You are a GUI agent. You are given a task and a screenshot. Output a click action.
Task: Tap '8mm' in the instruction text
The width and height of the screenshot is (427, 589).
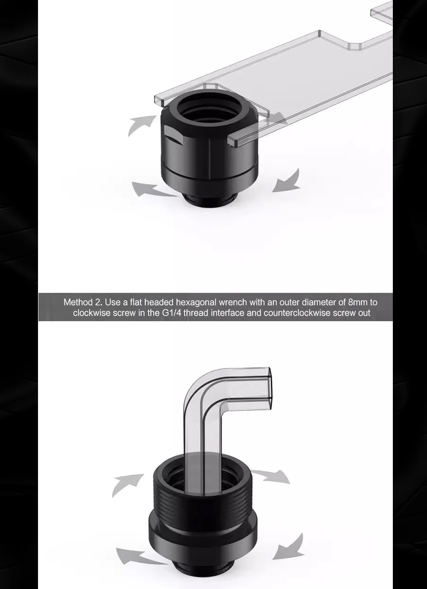pyautogui.click(x=357, y=302)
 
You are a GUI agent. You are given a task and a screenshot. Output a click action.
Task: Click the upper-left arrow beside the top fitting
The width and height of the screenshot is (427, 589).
pyautogui.click(x=141, y=125)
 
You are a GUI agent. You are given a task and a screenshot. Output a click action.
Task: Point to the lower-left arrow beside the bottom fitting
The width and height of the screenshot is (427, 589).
pyautogui.click(x=139, y=556)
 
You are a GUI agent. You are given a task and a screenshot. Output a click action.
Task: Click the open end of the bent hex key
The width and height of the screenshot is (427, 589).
pyautogui.click(x=270, y=388)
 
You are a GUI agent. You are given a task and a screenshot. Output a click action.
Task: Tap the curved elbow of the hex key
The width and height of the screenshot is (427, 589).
pyautogui.click(x=200, y=384)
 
